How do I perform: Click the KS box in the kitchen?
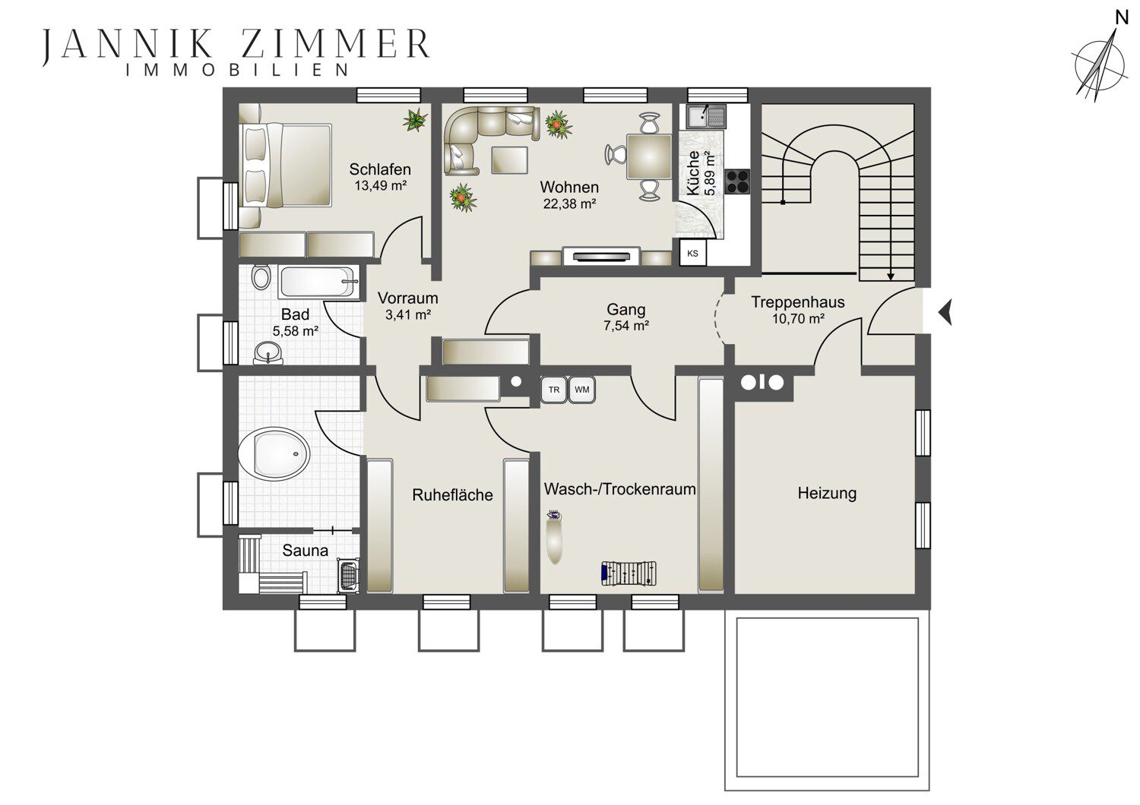tap(692, 253)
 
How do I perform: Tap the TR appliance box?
tap(554, 390)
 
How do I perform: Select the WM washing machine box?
tap(581, 390)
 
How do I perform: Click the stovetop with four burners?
tap(737, 182)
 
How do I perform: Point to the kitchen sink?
tap(705, 116)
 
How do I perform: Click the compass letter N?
tap(1122, 18)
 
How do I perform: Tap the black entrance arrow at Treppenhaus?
tap(945, 312)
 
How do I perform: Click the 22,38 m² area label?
tap(569, 204)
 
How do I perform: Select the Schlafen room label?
tap(380, 169)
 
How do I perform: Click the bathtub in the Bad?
tap(318, 281)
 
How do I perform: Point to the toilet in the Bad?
tap(261, 277)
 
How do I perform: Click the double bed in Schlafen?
tap(286, 166)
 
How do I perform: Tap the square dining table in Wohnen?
tap(649, 156)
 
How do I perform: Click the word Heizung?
tap(827, 494)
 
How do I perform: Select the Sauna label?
tap(306, 551)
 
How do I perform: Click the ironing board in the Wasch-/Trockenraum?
tap(554, 538)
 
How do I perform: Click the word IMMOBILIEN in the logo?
tap(237, 70)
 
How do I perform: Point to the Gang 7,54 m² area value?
tap(626, 326)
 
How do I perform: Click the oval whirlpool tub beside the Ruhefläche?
tap(274, 454)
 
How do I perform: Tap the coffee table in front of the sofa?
tap(509, 159)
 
